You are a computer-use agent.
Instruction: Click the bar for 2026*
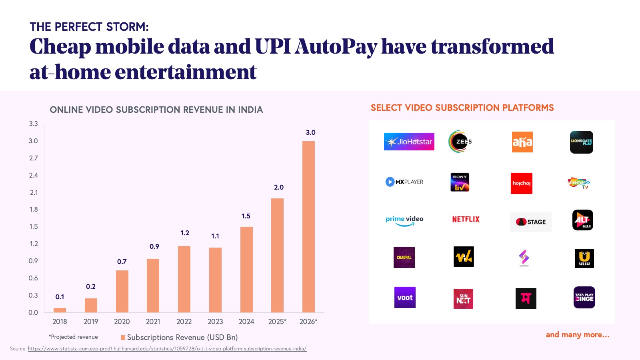[x=308, y=226]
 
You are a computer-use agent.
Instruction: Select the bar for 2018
[x=60, y=310]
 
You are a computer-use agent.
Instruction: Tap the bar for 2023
[x=215, y=280]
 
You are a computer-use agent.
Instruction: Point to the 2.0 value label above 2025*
[x=279, y=187]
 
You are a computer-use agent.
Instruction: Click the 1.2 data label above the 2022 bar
[x=184, y=233]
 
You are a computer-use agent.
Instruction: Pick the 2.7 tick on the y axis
[x=34, y=158]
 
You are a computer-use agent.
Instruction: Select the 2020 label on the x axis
[x=122, y=322]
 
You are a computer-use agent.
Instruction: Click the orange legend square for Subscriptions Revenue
[x=123, y=338]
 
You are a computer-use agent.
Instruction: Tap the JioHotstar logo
[x=409, y=142]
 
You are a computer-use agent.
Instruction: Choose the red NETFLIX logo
[x=466, y=219]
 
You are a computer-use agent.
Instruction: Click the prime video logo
[x=404, y=220]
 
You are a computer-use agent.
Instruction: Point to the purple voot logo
[x=405, y=298]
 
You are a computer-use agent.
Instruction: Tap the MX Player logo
[x=404, y=182]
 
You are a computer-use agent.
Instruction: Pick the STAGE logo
[x=530, y=222]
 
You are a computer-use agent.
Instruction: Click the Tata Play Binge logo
[x=584, y=298]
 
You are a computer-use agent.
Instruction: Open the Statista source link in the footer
[x=167, y=349]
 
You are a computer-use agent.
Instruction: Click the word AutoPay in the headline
[x=336, y=46]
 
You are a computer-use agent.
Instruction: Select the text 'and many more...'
[x=578, y=335]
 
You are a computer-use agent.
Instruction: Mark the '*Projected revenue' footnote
[x=73, y=337]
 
